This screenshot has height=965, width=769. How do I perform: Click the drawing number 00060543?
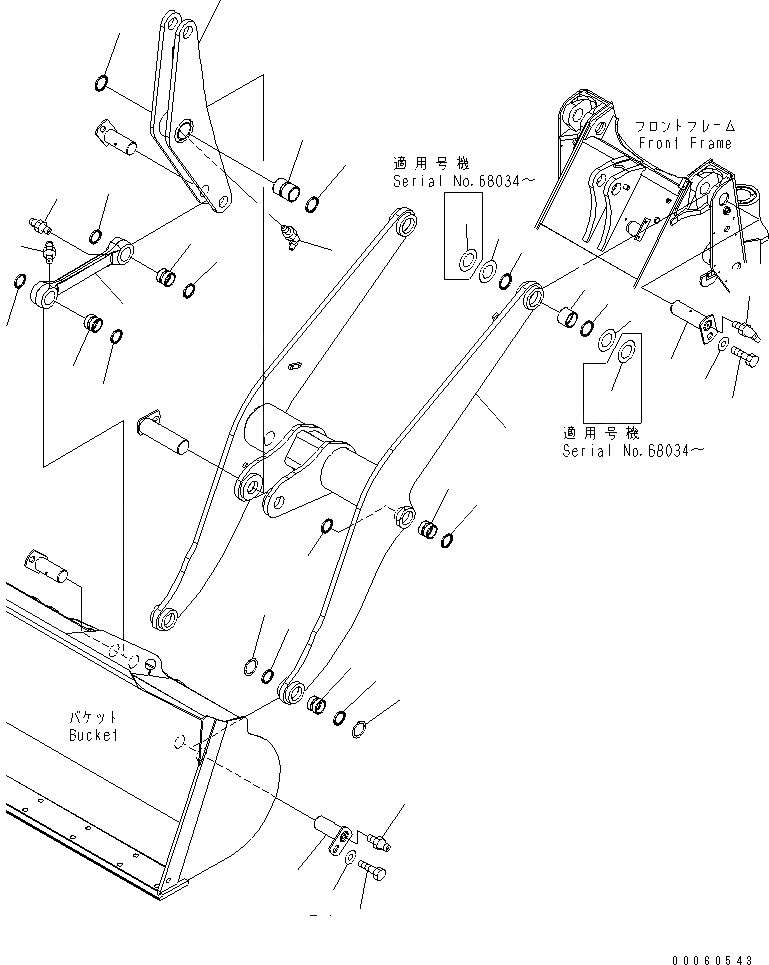pyautogui.click(x=712, y=959)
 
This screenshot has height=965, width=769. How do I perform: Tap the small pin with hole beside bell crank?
pyautogui.click(x=119, y=137)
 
